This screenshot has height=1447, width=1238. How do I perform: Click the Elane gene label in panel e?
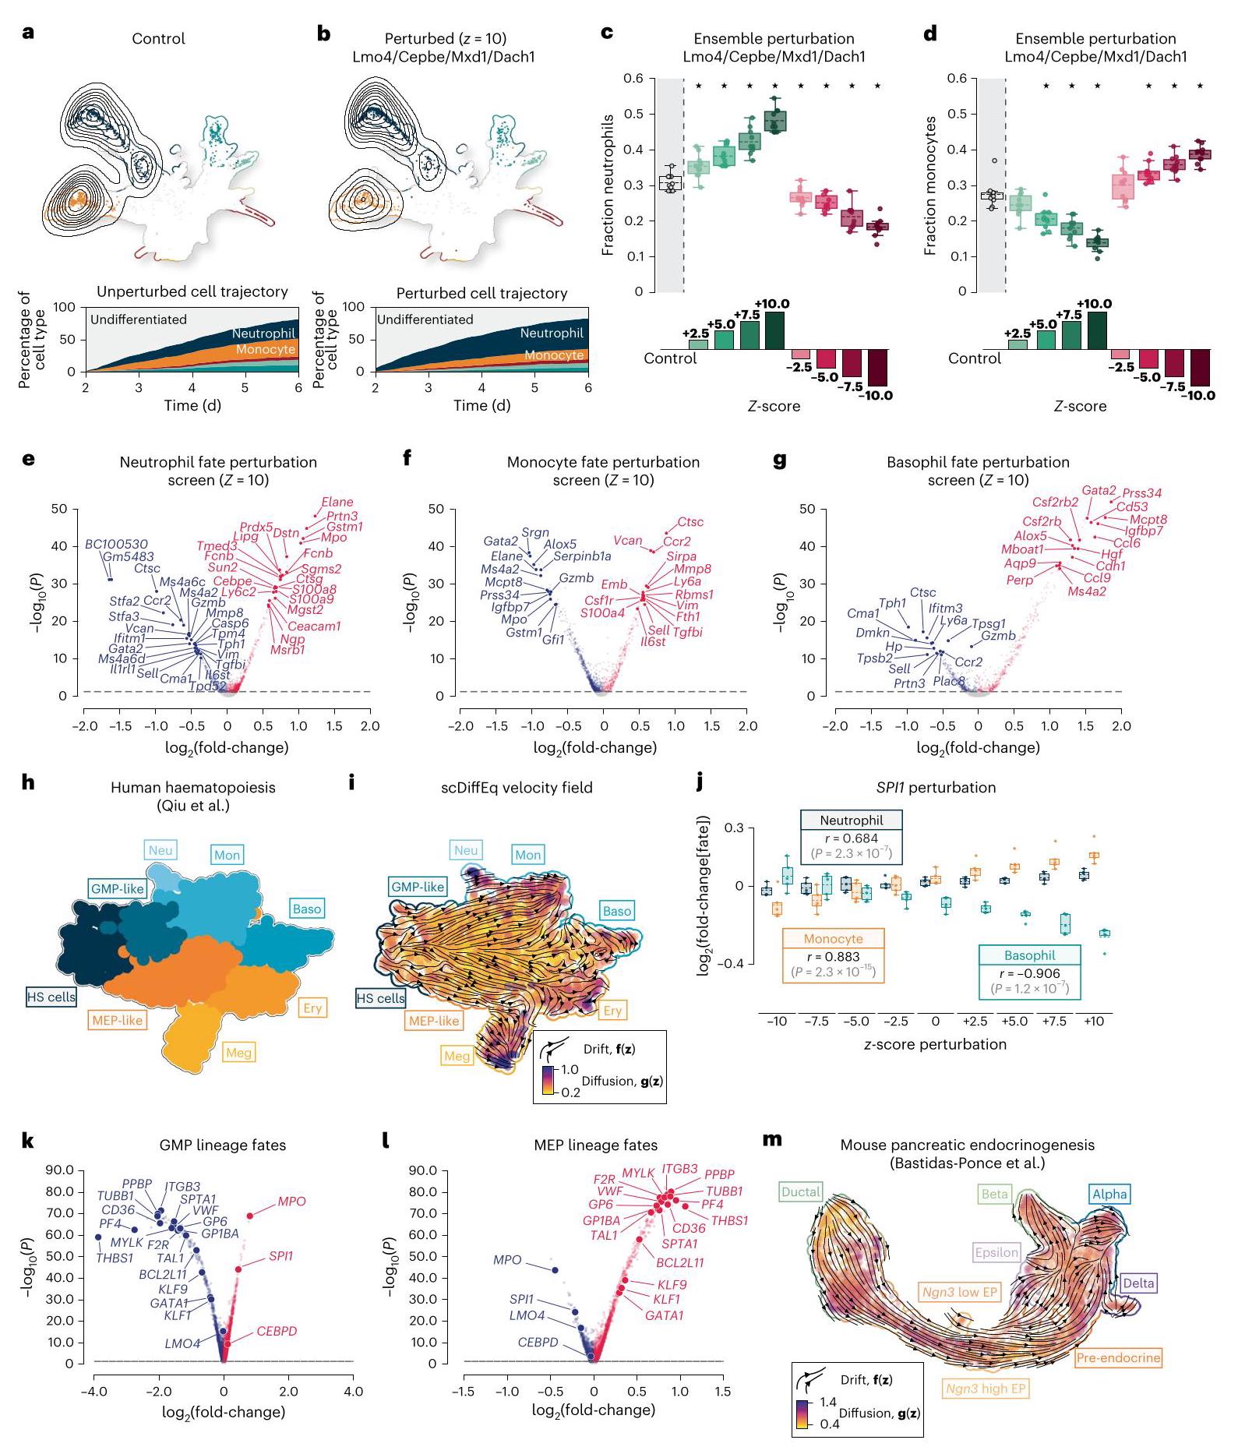[x=337, y=503]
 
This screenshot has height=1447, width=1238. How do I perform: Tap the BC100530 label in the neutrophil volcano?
[x=116, y=545]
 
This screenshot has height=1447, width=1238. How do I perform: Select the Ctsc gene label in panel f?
[x=690, y=523]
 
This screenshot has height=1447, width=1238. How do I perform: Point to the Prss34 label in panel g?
[x=1142, y=493]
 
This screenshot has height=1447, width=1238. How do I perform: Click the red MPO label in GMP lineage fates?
[x=291, y=1202]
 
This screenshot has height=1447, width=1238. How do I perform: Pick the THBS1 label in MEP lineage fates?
[x=729, y=1221]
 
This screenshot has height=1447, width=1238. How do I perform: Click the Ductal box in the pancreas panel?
[x=801, y=1191]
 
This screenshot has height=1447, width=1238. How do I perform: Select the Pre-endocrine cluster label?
[x=1118, y=1358]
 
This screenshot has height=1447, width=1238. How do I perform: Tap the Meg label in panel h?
[x=238, y=1053]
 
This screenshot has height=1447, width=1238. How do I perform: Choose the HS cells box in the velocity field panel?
[x=381, y=998]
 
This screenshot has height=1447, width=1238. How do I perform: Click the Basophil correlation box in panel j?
[x=1029, y=972]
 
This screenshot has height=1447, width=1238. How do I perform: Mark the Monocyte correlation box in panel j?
[x=833, y=955]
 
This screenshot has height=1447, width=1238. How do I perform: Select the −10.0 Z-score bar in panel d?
[x=1200, y=367]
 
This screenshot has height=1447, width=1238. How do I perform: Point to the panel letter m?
[x=771, y=1140]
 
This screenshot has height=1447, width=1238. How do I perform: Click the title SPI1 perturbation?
[x=936, y=788]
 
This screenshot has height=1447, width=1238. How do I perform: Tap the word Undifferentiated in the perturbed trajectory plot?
[x=425, y=319]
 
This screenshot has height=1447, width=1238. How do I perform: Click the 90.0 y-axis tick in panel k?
[x=59, y=1170]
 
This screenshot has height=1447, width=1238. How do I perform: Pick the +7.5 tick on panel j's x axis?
[x=1054, y=1021]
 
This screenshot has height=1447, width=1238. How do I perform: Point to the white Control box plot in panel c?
[x=670, y=183]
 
